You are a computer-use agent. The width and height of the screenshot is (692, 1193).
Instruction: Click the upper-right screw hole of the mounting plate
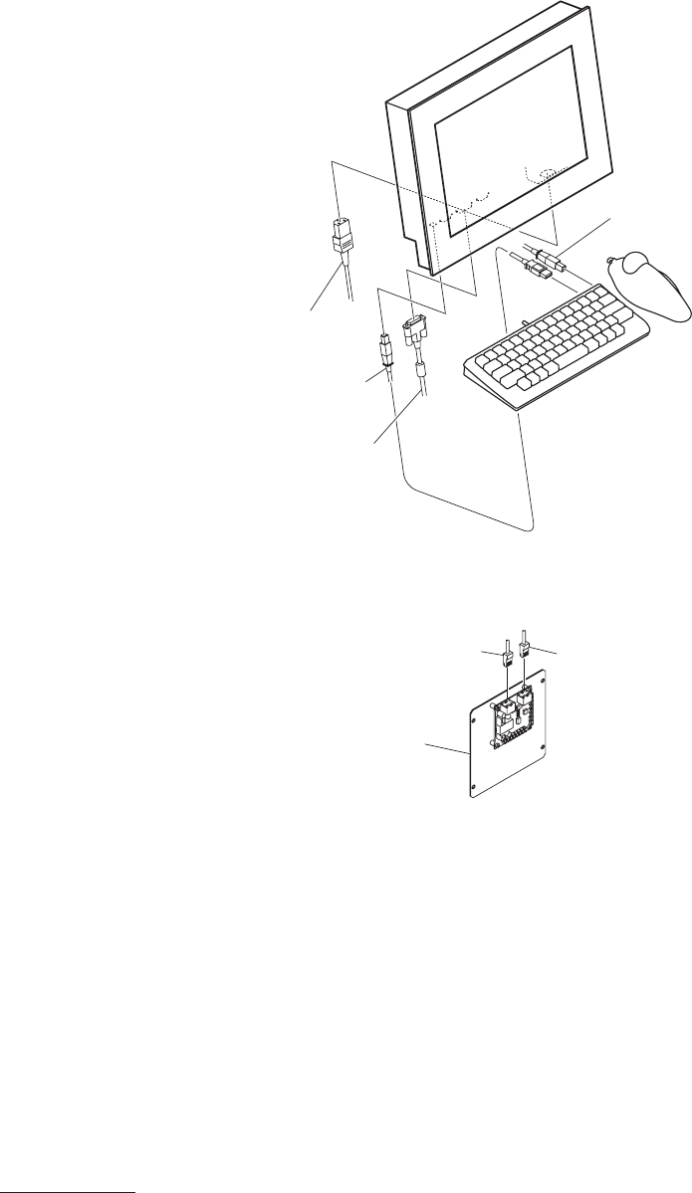point(544,680)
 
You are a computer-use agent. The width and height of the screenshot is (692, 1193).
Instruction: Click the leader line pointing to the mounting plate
point(446,747)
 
